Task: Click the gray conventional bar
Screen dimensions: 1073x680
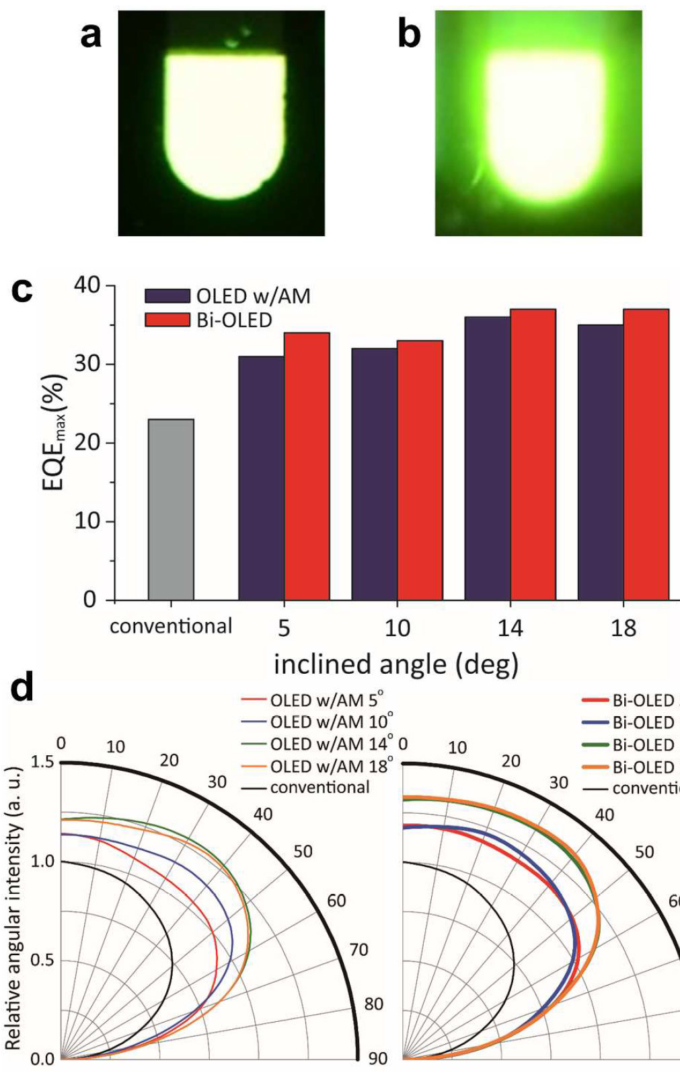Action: click(171, 509)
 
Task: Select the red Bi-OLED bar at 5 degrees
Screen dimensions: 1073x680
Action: click(307, 466)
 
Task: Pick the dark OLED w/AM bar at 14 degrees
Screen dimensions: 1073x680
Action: click(487, 458)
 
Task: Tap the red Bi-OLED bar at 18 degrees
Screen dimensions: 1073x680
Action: click(646, 454)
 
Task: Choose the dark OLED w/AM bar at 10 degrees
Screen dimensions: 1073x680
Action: click(374, 474)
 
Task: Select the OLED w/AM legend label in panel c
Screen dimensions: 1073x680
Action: click(253, 296)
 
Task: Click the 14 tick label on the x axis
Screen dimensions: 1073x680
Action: click(510, 628)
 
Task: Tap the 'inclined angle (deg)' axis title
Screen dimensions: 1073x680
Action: click(395, 664)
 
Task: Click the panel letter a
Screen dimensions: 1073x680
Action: click(91, 35)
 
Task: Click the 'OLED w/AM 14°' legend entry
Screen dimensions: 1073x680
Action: click(331, 745)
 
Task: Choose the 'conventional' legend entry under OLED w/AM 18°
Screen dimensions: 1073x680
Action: click(319, 787)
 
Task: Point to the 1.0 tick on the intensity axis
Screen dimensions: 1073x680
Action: click(42, 862)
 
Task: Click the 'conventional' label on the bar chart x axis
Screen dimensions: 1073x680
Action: click(171, 627)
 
